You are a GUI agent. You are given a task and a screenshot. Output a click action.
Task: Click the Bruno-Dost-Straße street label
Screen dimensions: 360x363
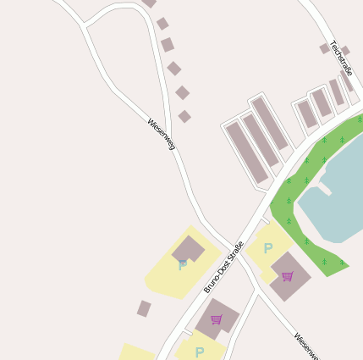(223, 267)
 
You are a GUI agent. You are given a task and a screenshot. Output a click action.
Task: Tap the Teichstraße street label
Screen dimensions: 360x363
(341, 58)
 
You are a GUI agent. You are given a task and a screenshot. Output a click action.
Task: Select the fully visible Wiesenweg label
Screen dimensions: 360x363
(161, 134)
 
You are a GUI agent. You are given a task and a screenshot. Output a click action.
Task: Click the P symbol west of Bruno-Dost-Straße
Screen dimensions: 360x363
(183, 265)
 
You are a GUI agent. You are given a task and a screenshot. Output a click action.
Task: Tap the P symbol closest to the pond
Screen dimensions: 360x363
(268, 248)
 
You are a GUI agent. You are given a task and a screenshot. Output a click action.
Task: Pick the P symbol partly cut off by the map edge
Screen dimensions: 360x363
(200, 352)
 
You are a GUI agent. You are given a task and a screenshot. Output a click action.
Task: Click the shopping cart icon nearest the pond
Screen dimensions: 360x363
(288, 276)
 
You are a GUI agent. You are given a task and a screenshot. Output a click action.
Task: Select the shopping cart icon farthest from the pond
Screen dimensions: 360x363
(217, 319)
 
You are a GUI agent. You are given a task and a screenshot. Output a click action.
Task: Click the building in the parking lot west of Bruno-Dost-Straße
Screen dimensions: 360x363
(188, 249)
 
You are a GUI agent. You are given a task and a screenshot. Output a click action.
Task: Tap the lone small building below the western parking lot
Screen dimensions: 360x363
(144, 308)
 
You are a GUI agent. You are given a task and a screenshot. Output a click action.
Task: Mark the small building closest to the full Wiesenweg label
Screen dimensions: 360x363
(184, 116)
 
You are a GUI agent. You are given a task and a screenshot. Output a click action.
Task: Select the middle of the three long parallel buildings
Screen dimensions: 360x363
(261, 141)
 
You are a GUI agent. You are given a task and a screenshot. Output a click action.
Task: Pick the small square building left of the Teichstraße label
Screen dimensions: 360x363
(325, 48)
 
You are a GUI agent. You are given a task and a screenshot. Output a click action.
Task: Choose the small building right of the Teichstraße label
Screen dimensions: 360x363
(345, 51)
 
